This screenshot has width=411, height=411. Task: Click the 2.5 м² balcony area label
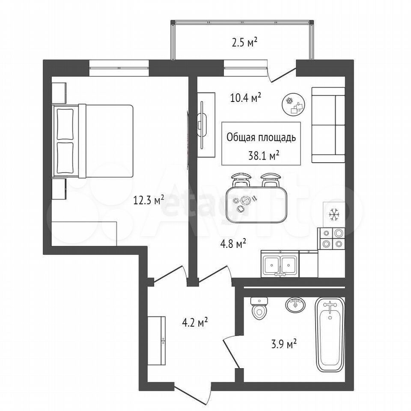coord(244,42)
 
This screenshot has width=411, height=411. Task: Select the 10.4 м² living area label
coord(246,98)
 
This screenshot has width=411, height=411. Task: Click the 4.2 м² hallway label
coord(195,322)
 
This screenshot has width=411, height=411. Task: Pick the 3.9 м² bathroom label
coord(283,344)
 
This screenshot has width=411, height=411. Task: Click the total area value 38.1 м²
coord(263,156)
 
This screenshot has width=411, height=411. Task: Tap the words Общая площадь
coord(261,137)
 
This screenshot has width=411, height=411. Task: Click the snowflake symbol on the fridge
coord(334,214)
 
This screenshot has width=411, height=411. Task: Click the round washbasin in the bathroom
coord(295,304)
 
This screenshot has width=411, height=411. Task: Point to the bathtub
coord(330,334)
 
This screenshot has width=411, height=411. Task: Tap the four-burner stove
coord(331,238)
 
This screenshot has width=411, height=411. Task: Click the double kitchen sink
coord(280,263)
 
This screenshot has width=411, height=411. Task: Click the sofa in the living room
coord(328,125)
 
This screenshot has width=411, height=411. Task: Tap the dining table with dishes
coord(256,205)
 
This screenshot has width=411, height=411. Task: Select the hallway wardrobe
coord(156,340)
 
